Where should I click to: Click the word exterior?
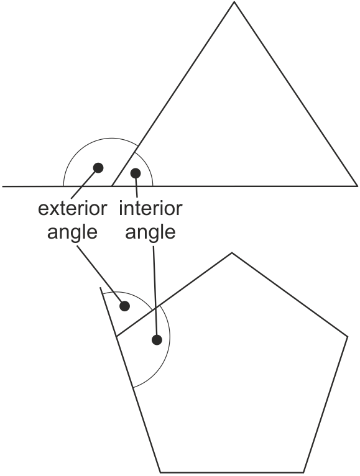click(x=72, y=209)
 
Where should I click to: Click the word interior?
click(x=150, y=209)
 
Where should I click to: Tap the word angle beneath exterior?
click(x=72, y=233)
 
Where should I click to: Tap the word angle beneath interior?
click(x=150, y=233)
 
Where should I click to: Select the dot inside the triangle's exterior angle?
click(x=98, y=168)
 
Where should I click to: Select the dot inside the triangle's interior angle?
click(x=136, y=173)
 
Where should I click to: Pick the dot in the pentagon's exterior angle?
click(x=124, y=306)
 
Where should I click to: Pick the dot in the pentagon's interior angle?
click(x=157, y=340)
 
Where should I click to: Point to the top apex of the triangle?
click(x=234, y=2)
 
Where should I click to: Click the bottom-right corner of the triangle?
click(x=357, y=186)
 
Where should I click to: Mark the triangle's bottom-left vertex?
click(x=112, y=186)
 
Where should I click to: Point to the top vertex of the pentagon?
click(x=232, y=252)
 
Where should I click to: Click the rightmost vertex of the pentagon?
click(x=347, y=336)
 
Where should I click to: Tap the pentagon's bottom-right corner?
click(x=304, y=472)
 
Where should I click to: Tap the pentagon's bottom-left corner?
click(x=160, y=472)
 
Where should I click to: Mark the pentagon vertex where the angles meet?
click(x=116, y=336)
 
